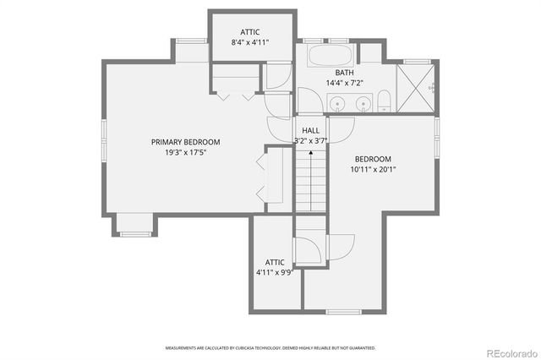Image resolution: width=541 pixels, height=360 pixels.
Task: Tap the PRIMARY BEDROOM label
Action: tap(185, 142)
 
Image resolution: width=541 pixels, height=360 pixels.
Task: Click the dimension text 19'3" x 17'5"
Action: tap(185, 152)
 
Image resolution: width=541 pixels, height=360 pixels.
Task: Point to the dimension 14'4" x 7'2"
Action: tap(344, 83)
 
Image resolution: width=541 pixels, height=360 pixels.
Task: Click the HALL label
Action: tap(311, 131)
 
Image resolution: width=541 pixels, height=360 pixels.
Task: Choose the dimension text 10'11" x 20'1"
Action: tap(373, 169)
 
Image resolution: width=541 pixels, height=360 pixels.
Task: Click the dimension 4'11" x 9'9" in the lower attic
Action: tap(276, 273)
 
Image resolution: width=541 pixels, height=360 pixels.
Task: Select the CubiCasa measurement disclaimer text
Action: tap(270, 347)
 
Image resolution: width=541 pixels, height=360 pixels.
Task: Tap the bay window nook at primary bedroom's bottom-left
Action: tap(134, 223)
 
